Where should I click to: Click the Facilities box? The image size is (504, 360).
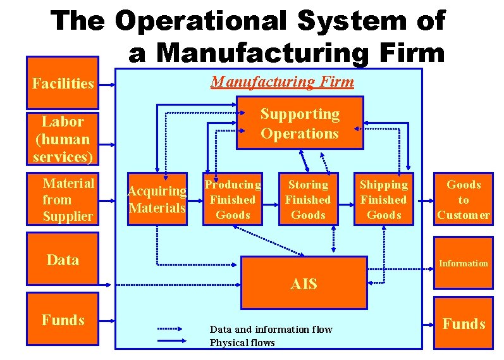[62, 83]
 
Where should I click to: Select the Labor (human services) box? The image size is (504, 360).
[62, 139]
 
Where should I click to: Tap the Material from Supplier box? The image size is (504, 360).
[62, 199]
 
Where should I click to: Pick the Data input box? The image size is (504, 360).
[62, 260]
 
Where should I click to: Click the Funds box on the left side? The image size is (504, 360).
[62, 320]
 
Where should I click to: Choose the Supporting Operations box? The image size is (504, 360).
[300, 123]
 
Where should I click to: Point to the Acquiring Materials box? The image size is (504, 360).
[157, 199]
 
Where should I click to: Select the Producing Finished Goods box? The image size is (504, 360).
[233, 199]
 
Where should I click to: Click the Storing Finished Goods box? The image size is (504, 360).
[308, 199]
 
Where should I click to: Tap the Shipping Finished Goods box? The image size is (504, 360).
[384, 199]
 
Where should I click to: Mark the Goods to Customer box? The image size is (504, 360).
[464, 199]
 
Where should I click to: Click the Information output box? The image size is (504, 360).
[464, 263]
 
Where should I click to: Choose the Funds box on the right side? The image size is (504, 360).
[464, 324]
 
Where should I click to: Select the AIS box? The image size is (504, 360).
[304, 284]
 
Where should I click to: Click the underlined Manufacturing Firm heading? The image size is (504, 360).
[282, 82]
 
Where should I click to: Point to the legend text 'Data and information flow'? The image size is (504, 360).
[271, 330]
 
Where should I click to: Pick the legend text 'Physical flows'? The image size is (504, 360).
[242, 343]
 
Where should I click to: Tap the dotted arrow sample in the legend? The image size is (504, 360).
[178, 329]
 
